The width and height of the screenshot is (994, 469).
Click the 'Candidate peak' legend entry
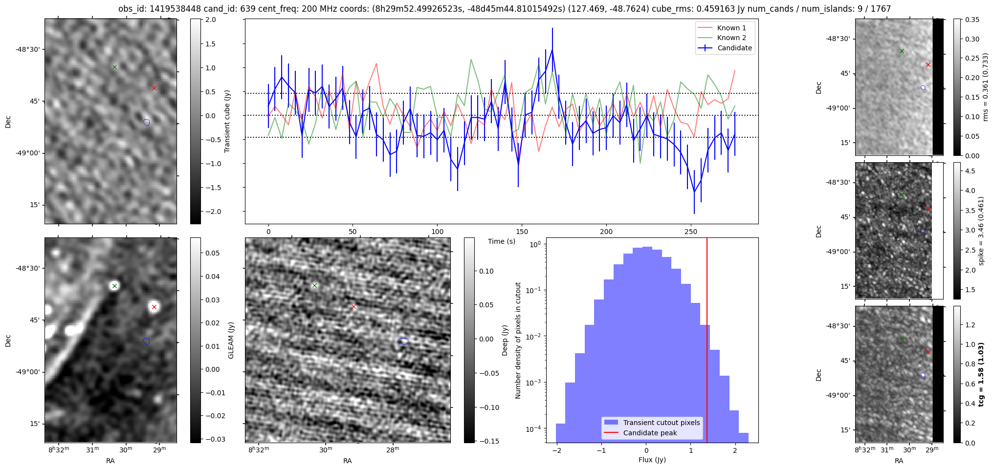coord(650,433)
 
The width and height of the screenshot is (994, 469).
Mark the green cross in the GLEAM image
coord(114,286)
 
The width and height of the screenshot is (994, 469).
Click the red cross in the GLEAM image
coord(154,307)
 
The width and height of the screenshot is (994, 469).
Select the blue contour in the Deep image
coord(403,341)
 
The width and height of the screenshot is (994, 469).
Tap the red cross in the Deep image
coord(354,307)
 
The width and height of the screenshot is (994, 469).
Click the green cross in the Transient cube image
coord(114,67)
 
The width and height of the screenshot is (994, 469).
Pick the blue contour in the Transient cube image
coord(146,122)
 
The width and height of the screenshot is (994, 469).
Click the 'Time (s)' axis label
coord(501,241)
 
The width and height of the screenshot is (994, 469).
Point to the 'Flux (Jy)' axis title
coord(652,460)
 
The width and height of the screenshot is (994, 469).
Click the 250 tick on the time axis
coord(690,232)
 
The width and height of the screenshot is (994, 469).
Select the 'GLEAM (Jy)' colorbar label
coord(231,340)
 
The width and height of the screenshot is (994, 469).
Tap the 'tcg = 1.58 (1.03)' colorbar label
coord(981,374)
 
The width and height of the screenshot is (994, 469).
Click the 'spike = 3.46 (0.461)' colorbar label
coord(981,231)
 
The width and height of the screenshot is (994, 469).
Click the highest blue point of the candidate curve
coord(552,49)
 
